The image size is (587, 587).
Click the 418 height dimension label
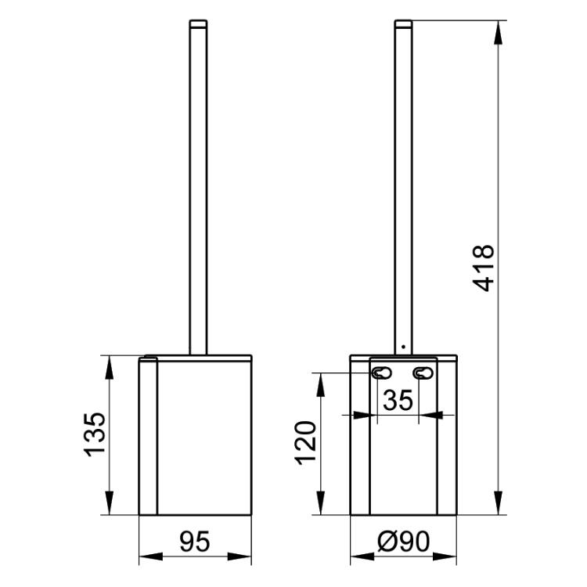tap(484, 268)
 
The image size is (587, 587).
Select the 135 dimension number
tap(94, 434)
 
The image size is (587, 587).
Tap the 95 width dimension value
tap(195, 542)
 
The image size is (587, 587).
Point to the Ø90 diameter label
tap(403, 542)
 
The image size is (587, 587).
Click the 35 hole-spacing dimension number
tap(398, 400)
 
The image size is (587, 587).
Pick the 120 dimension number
tap(306, 443)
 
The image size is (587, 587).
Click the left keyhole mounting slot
tap(381, 373)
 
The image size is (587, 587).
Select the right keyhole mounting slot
tap(423, 373)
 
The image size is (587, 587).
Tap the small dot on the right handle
tap(403, 347)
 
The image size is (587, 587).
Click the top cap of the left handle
tap(198, 23)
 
